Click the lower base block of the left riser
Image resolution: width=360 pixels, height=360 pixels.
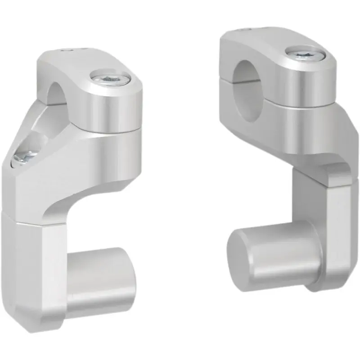(x=40, y=270)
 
